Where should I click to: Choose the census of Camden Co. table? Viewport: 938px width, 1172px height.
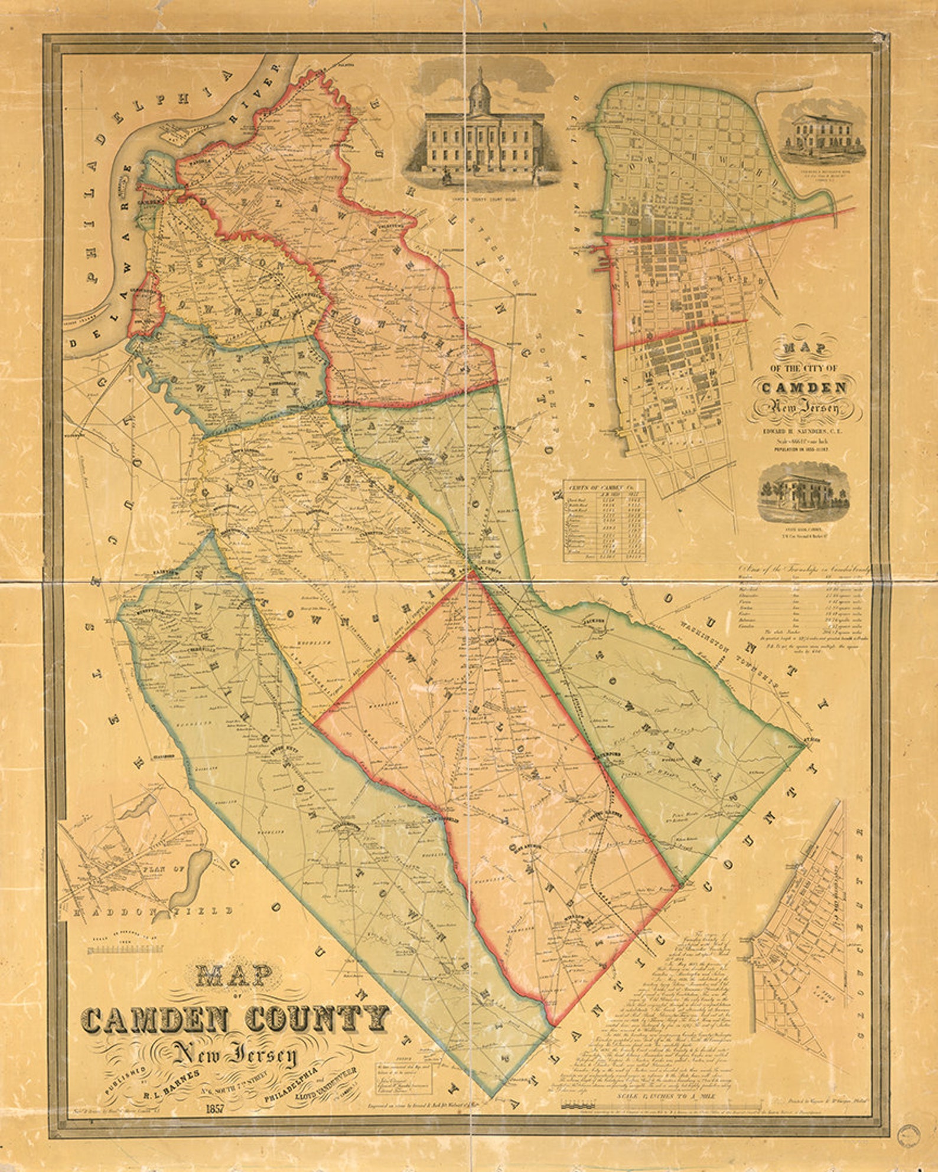(x=604, y=521)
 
